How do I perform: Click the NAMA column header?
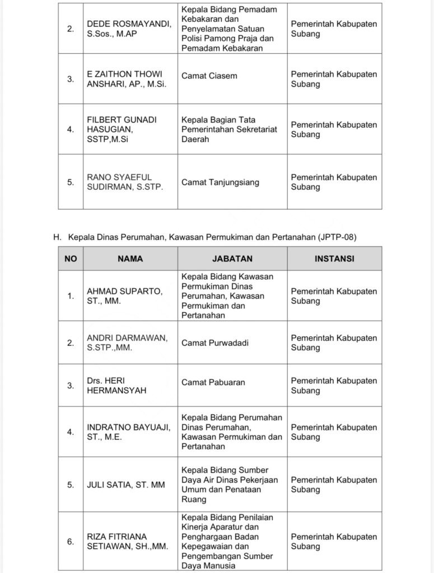click(130, 259)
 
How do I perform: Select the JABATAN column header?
click(232, 259)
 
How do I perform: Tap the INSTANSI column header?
click(334, 259)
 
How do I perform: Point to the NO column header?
click(71, 259)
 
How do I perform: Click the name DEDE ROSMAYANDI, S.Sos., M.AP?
click(129, 29)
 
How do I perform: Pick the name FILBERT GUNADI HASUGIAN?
click(122, 129)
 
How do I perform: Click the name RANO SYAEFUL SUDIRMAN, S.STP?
click(125, 182)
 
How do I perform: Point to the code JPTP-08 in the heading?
click(335, 237)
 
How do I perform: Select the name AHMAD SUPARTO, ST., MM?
click(125, 296)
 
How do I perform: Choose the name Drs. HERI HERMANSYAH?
click(116, 386)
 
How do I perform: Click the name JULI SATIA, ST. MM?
click(126, 485)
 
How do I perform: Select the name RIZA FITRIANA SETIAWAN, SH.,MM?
click(127, 541)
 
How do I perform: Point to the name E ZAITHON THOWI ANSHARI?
click(127, 79)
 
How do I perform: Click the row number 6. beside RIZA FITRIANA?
click(71, 541)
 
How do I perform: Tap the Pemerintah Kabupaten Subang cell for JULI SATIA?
click(334, 485)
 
